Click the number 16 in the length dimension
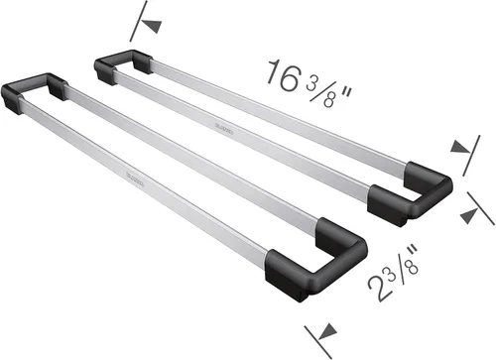pyautogui.click(x=283, y=75)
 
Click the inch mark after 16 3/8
pyautogui.click(x=345, y=93)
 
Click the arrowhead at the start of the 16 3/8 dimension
pyautogui.click(x=152, y=27)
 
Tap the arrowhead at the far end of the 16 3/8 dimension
pyautogui.click(x=460, y=146)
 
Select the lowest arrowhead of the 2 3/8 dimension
pyautogui.click(x=326, y=331)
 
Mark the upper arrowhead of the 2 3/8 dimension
pyautogui.click(x=469, y=216)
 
